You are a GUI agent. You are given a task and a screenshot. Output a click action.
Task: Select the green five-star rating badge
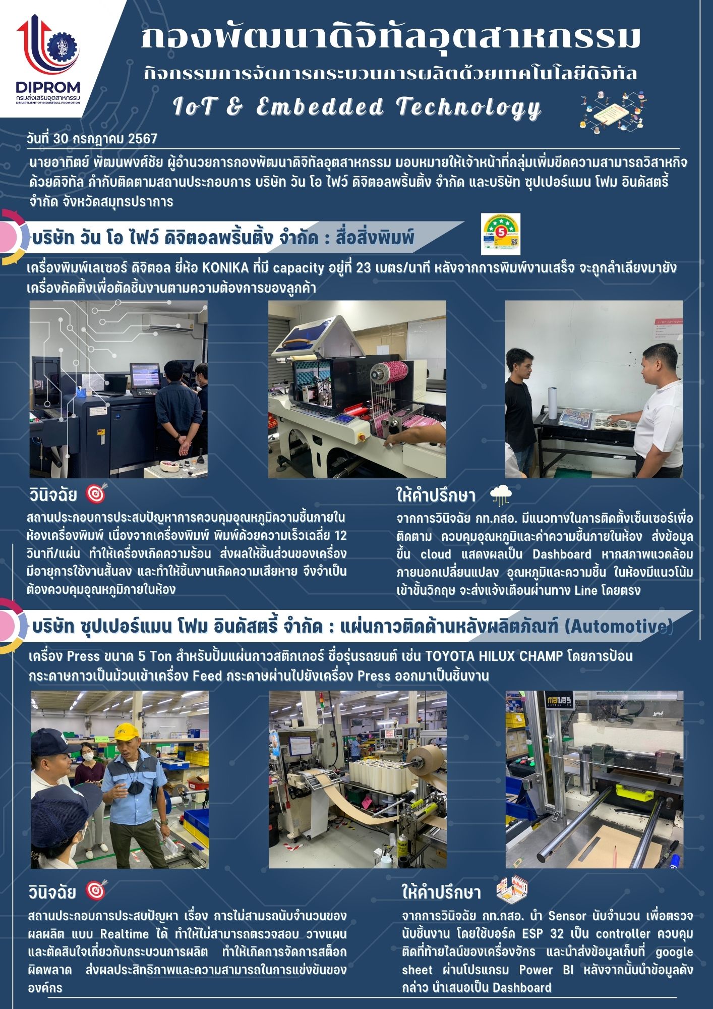[x=500, y=234]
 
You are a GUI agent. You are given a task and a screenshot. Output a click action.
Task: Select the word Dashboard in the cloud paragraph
[x=562, y=554]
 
